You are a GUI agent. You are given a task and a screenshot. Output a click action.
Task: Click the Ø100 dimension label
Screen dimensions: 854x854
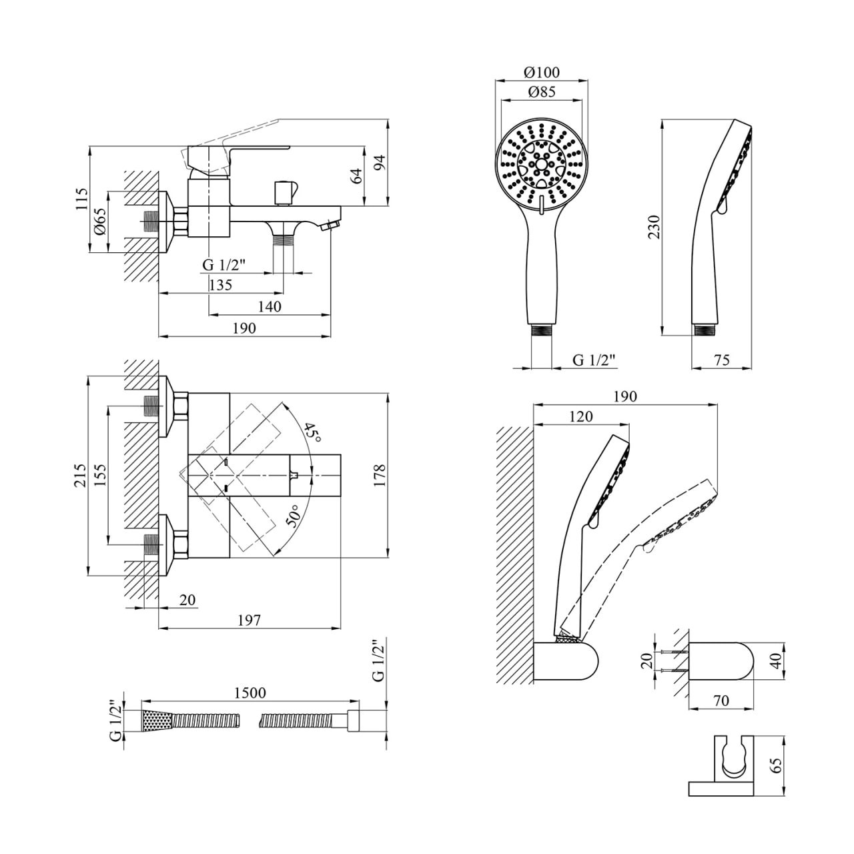(542, 72)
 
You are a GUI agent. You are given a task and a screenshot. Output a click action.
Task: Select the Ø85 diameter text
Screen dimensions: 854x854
(542, 93)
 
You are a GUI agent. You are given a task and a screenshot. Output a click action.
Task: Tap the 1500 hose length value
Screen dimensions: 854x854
(250, 693)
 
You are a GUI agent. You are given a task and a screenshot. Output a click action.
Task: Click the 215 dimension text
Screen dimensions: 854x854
(81, 476)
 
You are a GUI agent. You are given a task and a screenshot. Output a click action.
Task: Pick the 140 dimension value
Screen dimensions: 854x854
(269, 306)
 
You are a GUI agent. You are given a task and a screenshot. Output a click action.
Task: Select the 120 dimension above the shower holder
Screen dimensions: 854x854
(581, 416)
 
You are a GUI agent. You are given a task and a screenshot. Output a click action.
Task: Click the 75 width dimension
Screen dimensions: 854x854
(722, 360)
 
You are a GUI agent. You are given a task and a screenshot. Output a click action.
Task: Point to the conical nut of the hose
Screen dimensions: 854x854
(157, 721)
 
